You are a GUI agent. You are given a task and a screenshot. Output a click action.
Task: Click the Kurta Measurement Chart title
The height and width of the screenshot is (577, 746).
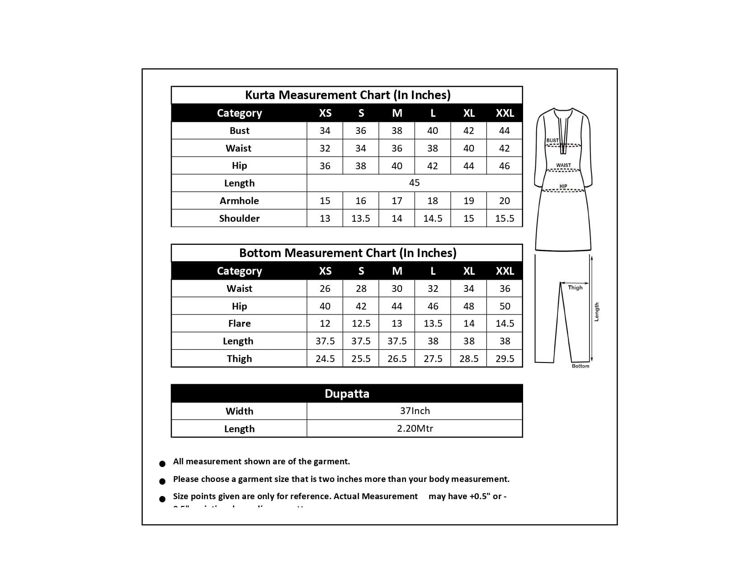[x=347, y=95]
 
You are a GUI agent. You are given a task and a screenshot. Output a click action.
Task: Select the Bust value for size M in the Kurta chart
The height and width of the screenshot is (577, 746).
[x=397, y=131]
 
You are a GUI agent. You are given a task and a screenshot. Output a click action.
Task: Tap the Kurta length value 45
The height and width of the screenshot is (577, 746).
[x=414, y=183]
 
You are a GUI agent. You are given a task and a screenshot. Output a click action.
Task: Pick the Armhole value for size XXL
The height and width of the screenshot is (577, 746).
[x=505, y=201]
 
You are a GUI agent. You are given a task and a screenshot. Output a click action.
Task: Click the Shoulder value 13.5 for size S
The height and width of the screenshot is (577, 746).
[x=361, y=219]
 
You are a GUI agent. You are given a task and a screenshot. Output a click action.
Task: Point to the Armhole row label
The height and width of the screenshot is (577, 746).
[x=239, y=201]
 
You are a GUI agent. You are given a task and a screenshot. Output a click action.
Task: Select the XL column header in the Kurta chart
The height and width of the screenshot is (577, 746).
[x=469, y=113]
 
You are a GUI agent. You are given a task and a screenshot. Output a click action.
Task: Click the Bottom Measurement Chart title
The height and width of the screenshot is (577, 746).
[x=347, y=253]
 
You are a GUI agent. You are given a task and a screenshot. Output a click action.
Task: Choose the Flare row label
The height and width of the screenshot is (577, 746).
[x=239, y=324]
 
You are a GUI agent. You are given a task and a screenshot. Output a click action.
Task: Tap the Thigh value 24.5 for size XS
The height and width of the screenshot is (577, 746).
[x=325, y=359]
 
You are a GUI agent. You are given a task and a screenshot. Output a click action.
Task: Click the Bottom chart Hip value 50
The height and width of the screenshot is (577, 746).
[x=505, y=306]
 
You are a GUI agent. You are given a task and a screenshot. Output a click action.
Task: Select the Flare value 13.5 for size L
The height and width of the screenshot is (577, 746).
[x=433, y=324]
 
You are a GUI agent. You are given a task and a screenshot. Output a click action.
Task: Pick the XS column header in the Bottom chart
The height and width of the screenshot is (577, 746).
[x=325, y=271]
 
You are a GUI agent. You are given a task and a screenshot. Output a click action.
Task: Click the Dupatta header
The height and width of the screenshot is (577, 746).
[x=347, y=394]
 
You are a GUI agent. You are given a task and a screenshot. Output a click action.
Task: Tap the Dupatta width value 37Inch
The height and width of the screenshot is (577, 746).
[x=415, y=411]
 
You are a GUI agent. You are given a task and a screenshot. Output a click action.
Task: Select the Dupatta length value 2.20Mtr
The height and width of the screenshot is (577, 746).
[x=415, y=429]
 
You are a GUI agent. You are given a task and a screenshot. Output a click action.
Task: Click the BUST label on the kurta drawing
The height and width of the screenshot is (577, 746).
[x=552, y=140]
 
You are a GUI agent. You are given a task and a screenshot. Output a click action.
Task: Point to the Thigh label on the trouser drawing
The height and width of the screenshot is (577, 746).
[x=575, y=287]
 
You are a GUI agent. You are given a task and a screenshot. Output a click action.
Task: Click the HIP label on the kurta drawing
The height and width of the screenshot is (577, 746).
[x=563, y=186]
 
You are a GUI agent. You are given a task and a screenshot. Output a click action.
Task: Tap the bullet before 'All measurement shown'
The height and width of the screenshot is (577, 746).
[x=162, y=464]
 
